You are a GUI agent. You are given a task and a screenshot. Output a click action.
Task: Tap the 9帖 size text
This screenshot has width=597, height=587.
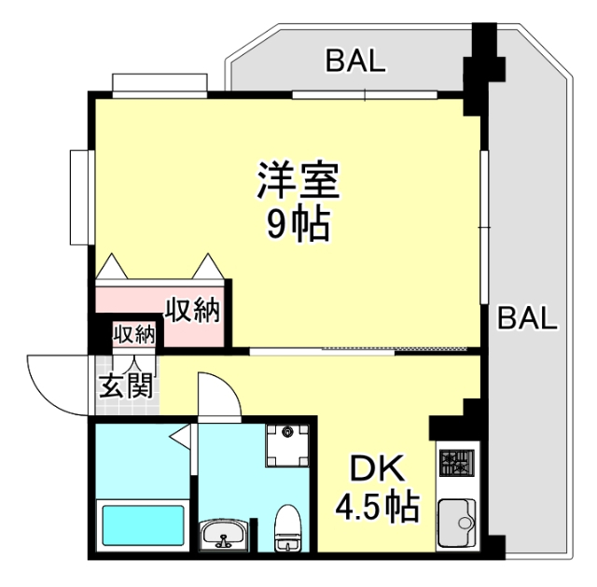point(298,224)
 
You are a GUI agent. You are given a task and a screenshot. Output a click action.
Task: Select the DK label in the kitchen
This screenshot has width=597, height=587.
point(371,468)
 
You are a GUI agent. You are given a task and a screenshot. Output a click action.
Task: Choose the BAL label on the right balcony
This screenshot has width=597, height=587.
point(526,318)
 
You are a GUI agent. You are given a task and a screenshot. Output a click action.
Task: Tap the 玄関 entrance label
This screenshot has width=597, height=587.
point(126,384)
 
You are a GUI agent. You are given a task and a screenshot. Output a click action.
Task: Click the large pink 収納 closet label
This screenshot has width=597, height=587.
point(193,310)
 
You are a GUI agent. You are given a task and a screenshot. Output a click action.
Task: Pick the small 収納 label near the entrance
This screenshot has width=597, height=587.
point(134,334)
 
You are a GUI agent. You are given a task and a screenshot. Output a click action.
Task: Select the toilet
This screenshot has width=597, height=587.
point(286,529)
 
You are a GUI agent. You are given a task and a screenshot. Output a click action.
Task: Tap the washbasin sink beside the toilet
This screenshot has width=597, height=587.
point(225,537)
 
